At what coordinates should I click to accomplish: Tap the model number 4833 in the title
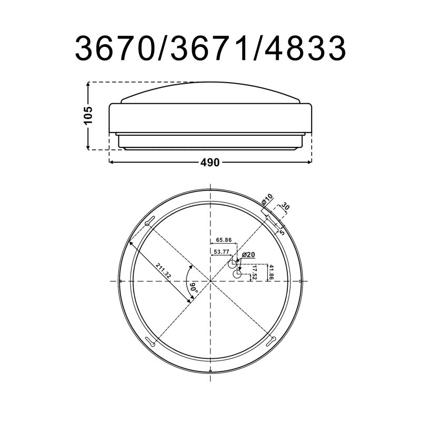click(x=305, y=48)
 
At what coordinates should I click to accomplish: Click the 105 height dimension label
click(x=88, y=115)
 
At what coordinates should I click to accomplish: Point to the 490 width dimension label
click(x=210, y=163)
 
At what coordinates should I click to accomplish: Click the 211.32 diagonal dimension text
click(x=164, y=271)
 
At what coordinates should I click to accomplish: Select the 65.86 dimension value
click(x=224, y=240)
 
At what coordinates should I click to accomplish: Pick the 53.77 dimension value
click(x=221, y=252)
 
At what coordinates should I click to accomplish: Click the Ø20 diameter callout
click(x=248, y=255)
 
